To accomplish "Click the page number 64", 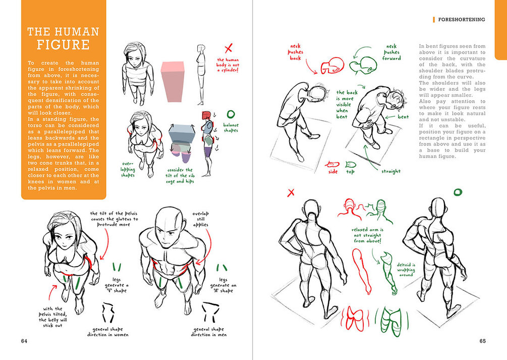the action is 24,341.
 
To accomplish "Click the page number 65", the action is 482,341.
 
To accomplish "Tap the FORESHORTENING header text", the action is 462,19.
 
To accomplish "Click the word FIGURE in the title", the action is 63,44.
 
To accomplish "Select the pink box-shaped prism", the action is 173,82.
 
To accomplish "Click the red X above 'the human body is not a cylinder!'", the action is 229,48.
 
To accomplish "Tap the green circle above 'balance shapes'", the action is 231,114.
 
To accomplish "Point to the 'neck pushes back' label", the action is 295,52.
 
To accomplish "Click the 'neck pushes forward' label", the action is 391,53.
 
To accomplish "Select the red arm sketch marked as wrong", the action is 362,271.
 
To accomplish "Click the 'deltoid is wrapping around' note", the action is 406,270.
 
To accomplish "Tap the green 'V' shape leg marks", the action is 117,267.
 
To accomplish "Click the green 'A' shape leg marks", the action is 222,268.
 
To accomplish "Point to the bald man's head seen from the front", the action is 170,228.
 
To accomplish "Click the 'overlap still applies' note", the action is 200,219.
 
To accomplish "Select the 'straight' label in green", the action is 391,171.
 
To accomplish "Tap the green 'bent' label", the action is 403,117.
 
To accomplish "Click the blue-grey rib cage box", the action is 182,133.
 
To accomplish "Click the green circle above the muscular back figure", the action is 458,193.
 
